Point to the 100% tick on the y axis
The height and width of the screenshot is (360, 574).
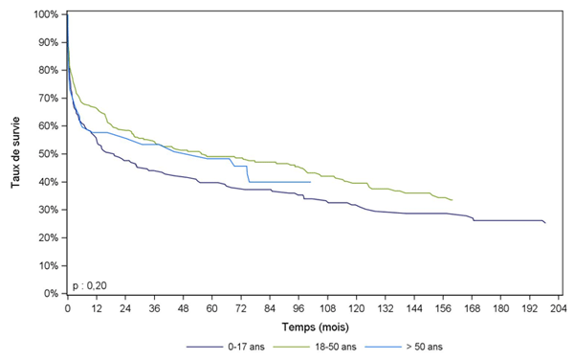click(48, 14)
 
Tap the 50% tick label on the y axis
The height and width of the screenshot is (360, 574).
click(48, 154)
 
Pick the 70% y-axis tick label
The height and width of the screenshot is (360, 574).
click(48, 99)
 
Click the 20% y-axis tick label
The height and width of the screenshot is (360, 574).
click(48, 237)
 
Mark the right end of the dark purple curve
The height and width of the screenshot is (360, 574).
click(545, 223)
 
